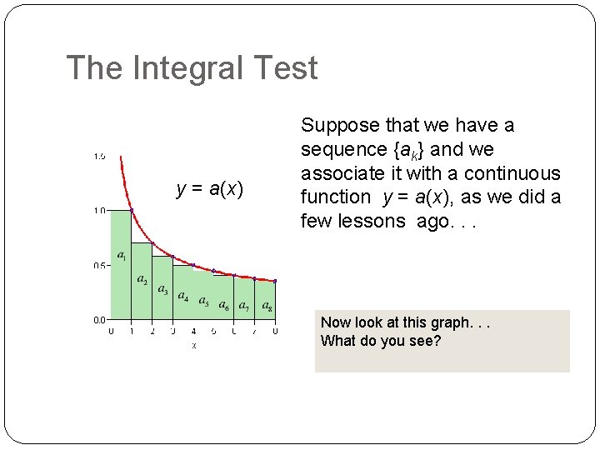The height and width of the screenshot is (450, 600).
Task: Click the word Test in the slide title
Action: click(x=287, y=68)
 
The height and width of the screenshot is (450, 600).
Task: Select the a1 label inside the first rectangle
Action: click(x=122, y=255)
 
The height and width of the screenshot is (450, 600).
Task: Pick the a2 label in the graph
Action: click(x=142, y=279)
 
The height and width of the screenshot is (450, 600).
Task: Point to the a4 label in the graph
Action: click(x=182, y=297)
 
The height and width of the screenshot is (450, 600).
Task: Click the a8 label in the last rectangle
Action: click(x=267, y=306)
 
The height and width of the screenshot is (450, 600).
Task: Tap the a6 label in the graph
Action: click(x=224, y=306)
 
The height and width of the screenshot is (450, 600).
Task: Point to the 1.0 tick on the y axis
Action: click(x=99, y=211)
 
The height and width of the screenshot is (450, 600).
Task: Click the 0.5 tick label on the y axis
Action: click(x=99, y=266)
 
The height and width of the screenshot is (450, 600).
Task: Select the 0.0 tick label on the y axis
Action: click(x=99, y=319)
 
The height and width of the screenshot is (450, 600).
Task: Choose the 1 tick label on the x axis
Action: click(x=132, y=331)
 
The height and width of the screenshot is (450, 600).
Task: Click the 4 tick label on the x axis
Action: click(x=193, y=331)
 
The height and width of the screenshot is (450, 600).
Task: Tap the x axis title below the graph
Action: click(x=193, y=345)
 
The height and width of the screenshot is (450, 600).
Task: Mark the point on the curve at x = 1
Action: click(x=132, y=210)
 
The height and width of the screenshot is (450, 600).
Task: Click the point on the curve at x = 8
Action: click(x=275, y=281)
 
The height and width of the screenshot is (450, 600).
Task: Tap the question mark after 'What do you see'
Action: click(x=437, y=341)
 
